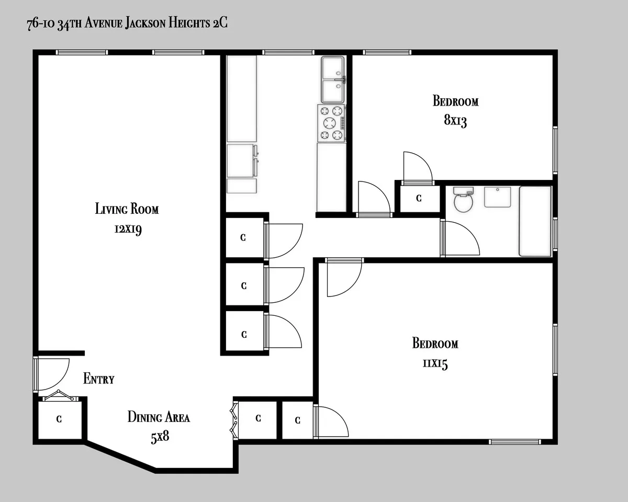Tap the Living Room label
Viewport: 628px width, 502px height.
click(127, 209)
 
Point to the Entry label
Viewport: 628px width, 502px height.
click(98, 379)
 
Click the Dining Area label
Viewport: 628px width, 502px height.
click(159, 417)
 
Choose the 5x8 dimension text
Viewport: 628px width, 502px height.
click(160, 437)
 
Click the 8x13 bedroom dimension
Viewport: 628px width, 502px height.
click(455, 121)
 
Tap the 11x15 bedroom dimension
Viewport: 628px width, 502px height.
click(435, 364)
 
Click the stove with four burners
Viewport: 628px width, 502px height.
click(331, 123)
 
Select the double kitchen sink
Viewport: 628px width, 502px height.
click(333, 79)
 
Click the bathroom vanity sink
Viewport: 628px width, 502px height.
click(497, 197)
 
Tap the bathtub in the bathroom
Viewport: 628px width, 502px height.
click(535, 221)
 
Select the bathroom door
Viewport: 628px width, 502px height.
click(459, 238)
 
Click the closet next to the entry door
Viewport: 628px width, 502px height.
click(59, 419)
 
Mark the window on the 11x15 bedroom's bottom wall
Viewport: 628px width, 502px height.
click(514, 442)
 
